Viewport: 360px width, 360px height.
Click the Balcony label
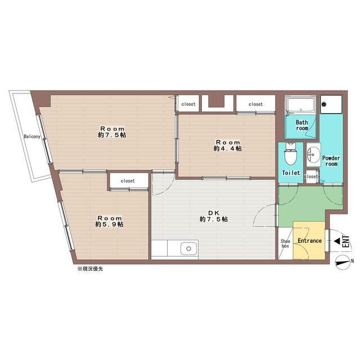click(31, 137)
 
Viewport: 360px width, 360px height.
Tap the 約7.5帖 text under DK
click(213, 219)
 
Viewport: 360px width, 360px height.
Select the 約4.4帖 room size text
click(227, 149)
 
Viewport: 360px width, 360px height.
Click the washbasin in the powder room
click(313, 153)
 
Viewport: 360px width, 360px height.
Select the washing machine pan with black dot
click(330, 104)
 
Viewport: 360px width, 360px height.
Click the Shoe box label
click(285, 244)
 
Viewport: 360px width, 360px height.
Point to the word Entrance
click(309, 241)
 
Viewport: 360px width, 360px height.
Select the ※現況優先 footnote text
click(90, 269)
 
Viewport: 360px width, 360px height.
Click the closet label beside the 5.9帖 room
click(128, 181)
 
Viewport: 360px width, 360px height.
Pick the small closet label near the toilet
click(311, 177)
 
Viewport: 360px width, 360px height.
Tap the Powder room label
click(330, 161)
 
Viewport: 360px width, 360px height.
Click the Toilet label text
click(291, 173)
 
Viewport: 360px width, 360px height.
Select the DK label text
click(213, 212)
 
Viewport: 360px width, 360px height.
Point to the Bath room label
click(302, 125)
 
